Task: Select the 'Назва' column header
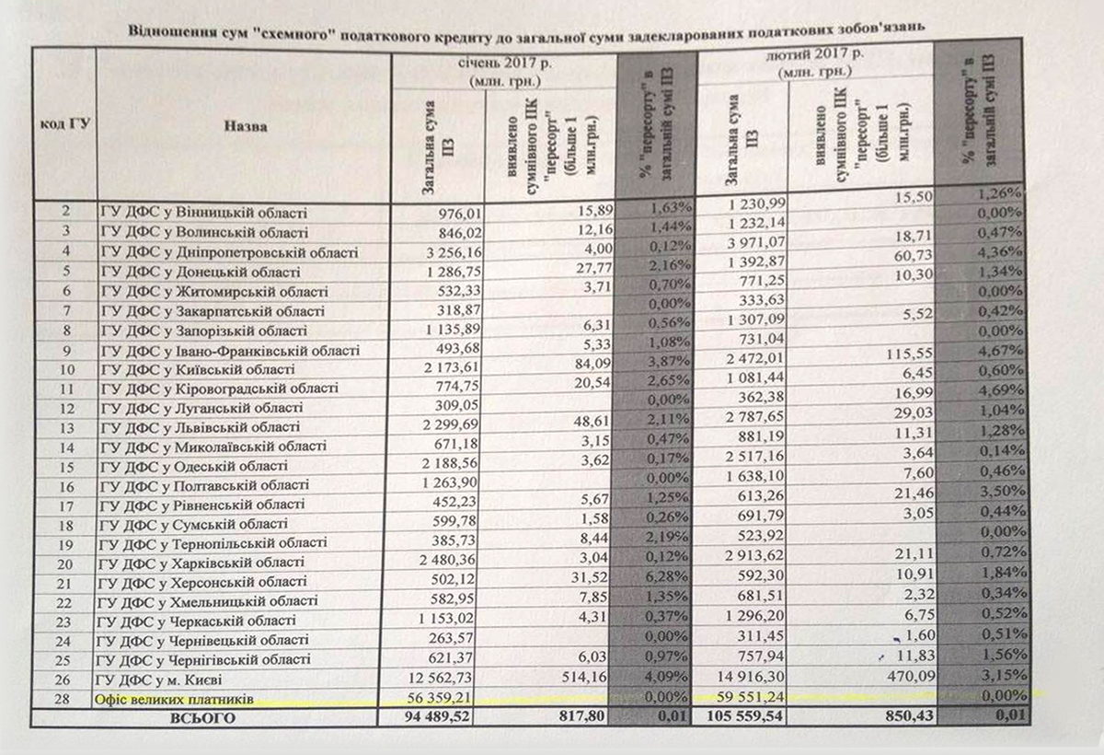(245, 126)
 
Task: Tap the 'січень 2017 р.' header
(504, 64)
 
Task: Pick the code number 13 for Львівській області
(65, 427)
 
